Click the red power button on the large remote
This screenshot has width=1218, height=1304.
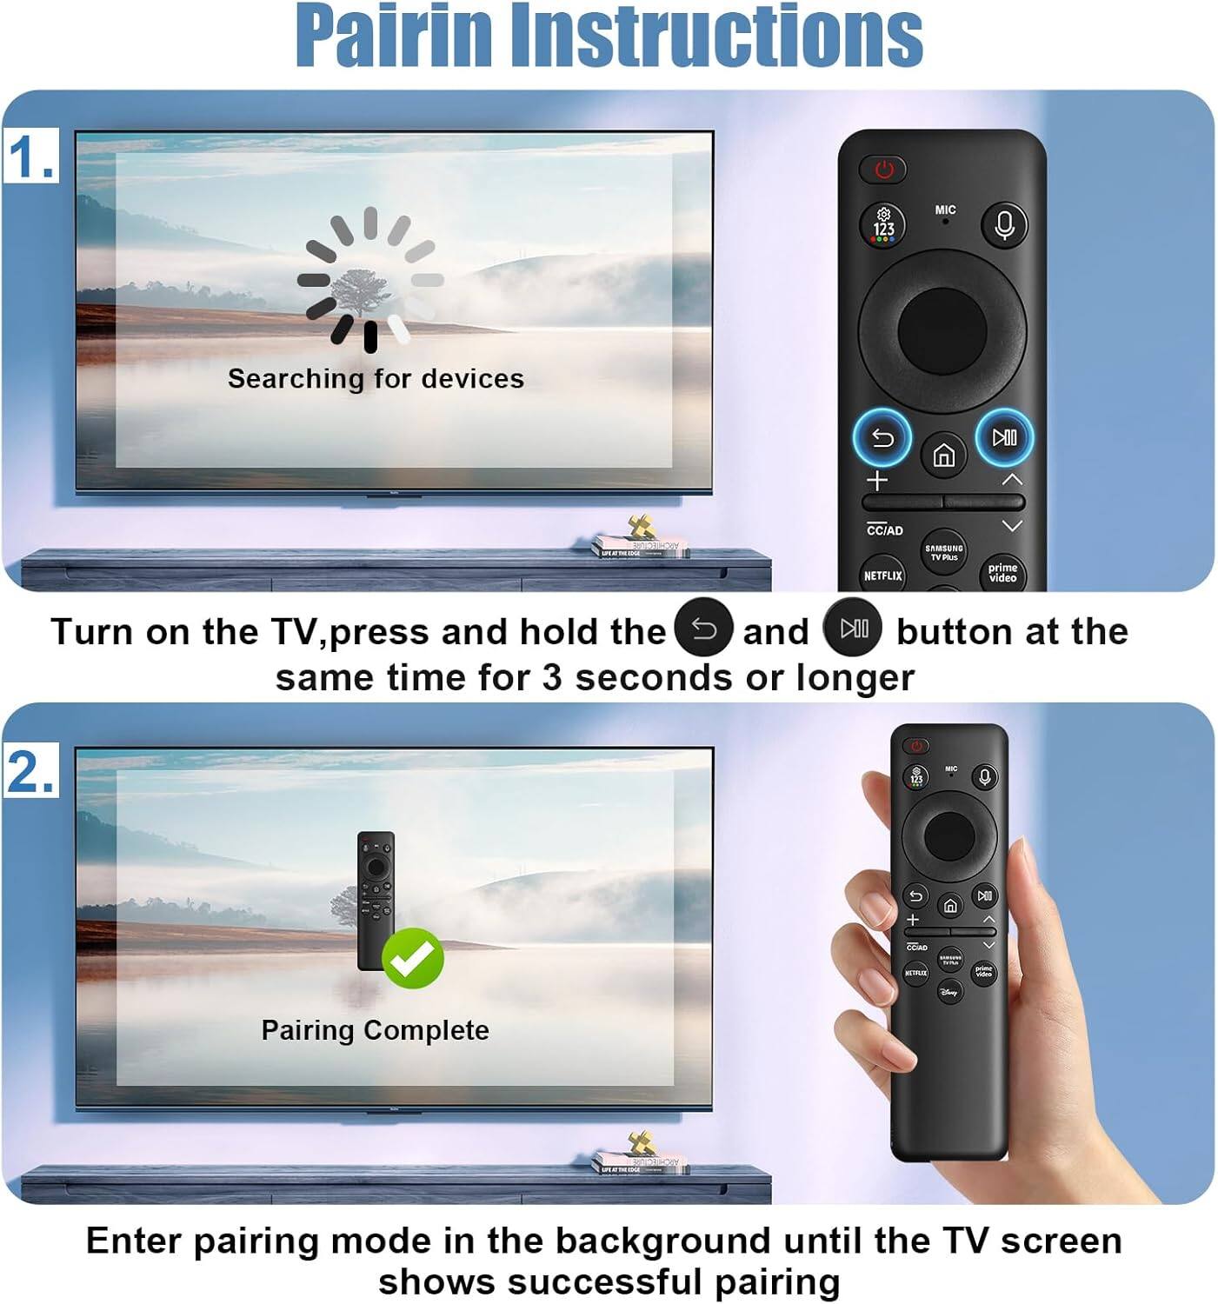tap(883, 169)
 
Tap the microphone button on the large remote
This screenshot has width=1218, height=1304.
tap(1004, 224)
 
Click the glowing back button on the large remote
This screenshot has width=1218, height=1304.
tap(882, 437)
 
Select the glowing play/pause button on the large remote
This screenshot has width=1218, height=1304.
tap(1004, 436)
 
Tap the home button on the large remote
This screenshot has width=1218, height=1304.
tap(943, 455)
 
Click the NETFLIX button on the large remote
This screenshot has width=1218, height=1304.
tap(882, 575)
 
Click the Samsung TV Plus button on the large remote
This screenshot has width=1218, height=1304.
tap(943, 551)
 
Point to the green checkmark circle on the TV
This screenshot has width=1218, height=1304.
tap(413, 958)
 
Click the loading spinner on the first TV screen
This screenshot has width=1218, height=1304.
tap(370, 279)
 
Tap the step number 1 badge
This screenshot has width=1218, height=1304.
tap(31, 156)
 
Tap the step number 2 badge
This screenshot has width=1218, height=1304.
tap(31, 769)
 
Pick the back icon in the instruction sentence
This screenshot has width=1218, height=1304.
tap(703, 629)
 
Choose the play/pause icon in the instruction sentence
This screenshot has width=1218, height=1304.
tap(853, 628)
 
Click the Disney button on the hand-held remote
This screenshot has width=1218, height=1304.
tap(950, 991)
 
